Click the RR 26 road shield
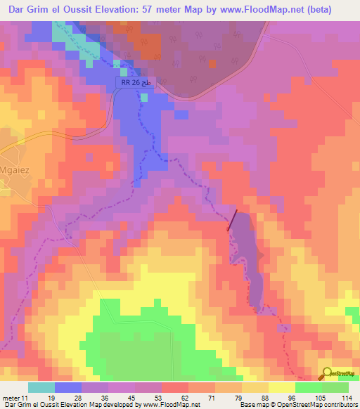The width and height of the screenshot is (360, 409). [129, 84]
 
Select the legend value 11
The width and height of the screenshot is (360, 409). [26, 397]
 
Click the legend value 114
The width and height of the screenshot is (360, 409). [347, 397]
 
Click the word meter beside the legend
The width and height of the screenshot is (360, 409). [11, 397]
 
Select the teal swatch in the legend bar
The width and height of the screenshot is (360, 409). [41, 387]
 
